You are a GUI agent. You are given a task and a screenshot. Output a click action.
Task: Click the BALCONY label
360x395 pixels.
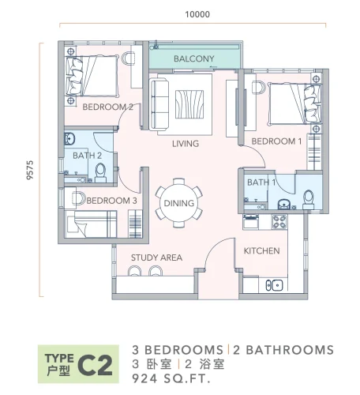(x=194, y=58)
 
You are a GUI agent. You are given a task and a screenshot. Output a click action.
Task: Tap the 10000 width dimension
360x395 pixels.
(x=197, y=14)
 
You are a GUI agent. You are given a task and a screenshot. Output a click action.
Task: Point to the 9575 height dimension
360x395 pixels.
(x=30, y=170)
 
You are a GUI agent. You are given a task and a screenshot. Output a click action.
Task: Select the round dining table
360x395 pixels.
(x=179, y=203)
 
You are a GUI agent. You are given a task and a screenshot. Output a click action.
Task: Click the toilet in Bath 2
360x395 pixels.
(x=100, y=173)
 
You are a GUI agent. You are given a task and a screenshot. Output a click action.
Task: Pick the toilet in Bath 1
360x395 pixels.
(x=308, y=200)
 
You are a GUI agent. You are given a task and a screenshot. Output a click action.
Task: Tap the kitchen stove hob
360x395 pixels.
(x=279, y=222)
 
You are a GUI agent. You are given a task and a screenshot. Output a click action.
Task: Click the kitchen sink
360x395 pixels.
(x=274, y=285)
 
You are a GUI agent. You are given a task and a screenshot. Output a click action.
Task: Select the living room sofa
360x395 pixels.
(x=159, y=104)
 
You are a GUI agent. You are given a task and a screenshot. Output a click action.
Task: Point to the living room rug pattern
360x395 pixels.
(x=189, y=104)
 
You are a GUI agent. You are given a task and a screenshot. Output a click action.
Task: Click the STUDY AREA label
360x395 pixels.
(x=156, y=258)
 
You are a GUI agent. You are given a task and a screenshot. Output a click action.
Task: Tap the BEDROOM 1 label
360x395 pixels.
(x=276, y=141)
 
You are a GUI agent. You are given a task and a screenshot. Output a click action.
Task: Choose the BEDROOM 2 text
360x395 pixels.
(x=107, y=107)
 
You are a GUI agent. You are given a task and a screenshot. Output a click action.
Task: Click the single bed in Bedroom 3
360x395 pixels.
(x=91, y=224)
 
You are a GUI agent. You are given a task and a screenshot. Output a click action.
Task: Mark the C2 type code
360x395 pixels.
(x=96, y=366)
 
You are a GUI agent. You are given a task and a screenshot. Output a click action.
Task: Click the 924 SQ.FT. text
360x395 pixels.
(x=171, y=378)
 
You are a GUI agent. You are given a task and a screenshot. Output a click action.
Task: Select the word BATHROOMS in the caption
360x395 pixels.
(x=290, y=350)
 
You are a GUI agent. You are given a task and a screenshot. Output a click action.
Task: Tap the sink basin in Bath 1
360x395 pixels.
(x=283, y=205)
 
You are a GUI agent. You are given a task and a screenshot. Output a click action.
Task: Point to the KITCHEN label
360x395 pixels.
(x=261, y=250)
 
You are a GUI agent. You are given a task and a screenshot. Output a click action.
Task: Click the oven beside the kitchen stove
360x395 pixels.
(x=251, y=221)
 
